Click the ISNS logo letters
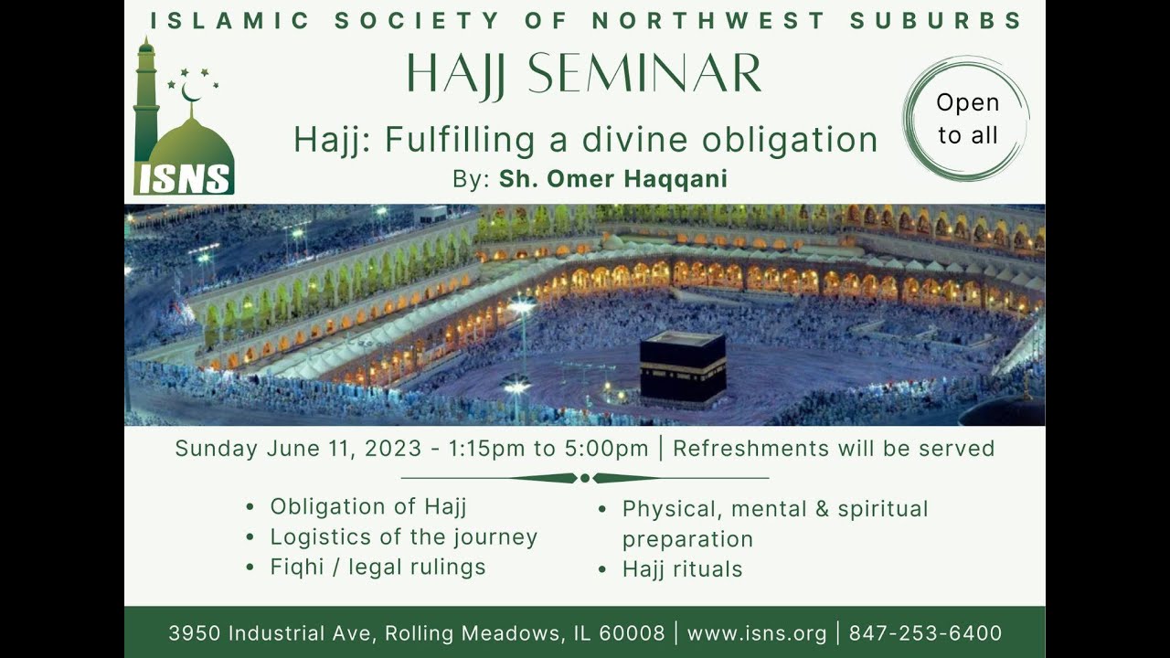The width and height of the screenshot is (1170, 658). (184, 179)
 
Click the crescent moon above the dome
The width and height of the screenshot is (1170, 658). (191, 92)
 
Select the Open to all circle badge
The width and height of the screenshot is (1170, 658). (966, 119)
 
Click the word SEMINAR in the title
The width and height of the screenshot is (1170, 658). (644, 74)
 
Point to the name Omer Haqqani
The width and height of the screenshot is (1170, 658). (612, 179)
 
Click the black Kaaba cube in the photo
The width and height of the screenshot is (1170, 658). (682, 367)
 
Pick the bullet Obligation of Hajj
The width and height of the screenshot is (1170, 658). (368, 506)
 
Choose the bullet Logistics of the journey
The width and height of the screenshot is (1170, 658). (403, 536)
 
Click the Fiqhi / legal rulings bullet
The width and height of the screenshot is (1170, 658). (378, 567)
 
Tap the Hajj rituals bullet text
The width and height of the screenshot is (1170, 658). (682, 569)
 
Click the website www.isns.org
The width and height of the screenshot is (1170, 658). (756, 632)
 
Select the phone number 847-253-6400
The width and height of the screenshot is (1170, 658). (925, 632)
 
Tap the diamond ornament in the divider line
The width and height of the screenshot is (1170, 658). (585, 478)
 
